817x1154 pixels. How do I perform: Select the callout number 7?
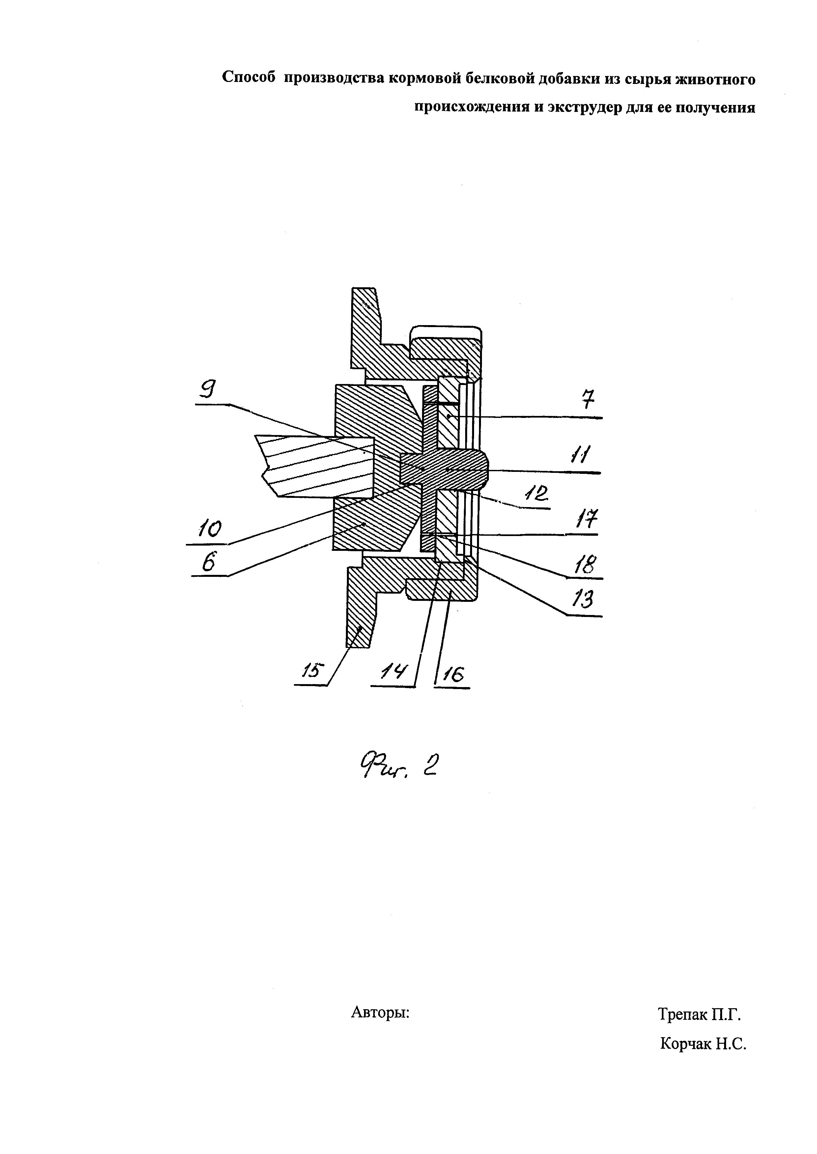pos(588,401)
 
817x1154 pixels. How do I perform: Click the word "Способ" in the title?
pos(249,78)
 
